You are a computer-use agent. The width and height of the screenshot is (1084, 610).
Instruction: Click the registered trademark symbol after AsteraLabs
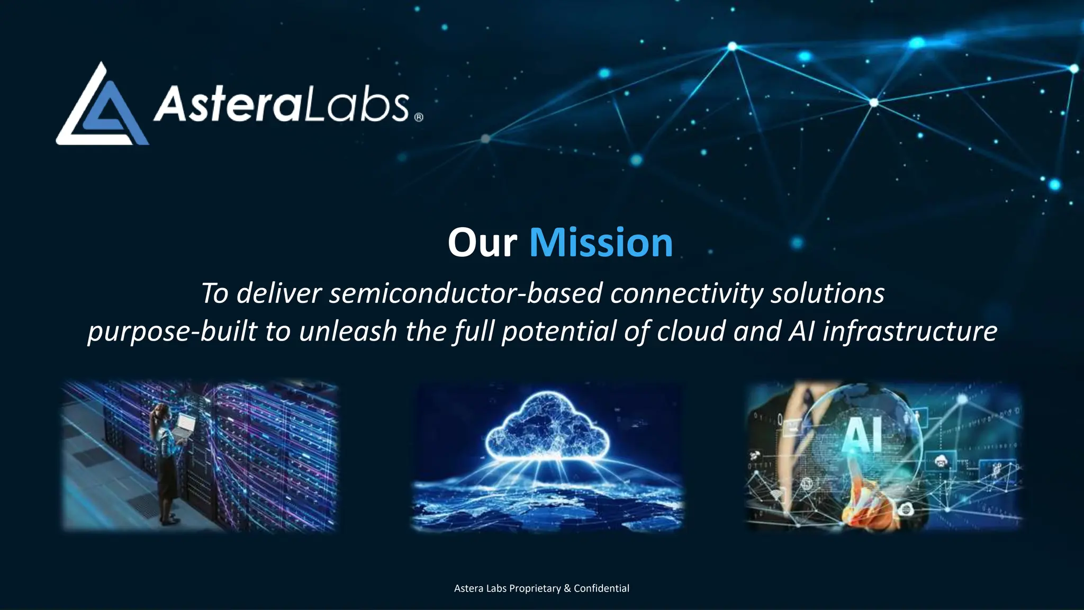tap(419, 117)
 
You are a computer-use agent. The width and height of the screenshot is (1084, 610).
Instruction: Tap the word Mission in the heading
tap(601, 243)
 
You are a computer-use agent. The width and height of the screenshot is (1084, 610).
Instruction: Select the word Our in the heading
tap(482, 243)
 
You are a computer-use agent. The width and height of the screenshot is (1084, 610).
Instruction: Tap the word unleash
tap(348, 331)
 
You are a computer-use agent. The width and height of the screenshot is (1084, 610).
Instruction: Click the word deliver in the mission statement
tap(279, 293)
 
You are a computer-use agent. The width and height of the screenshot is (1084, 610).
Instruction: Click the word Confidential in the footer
tap(601, 588)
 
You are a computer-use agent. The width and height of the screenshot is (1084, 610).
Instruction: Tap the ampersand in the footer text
tap(567, 588)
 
